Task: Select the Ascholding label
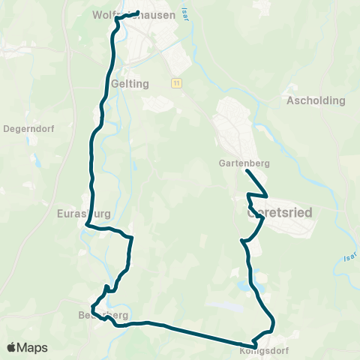pyautogui.click(x=316, y=100)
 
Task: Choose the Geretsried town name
pyautogui.click(x=279, y=212)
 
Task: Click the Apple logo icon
pyautogui.click(x=11, y=347)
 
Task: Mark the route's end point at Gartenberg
pyautogui.click(x=247, y=171)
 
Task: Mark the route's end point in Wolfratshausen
pyautogui.click(x=138, y=13)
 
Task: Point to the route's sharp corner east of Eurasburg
pyautogui.click(x=132, y=238)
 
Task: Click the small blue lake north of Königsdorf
pyautogui.click(x=243, y=286)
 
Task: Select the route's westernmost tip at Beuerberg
pyautogui.click(x=91, y=309)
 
